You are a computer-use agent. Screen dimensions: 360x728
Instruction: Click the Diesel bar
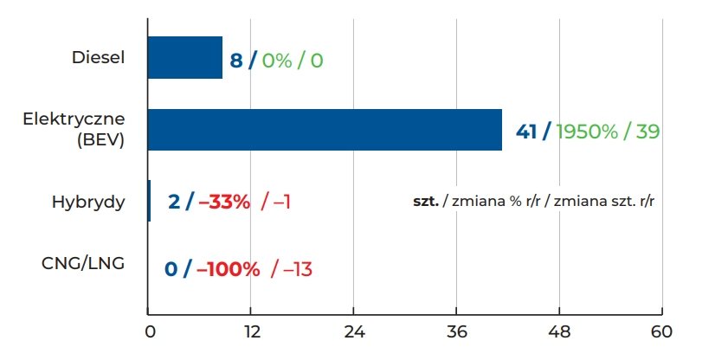click(184, 58)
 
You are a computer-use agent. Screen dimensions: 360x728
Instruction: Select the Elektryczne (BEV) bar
click(325, 130)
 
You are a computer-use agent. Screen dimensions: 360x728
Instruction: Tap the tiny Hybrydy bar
click(149, 201)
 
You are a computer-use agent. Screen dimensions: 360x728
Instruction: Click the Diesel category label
click(99, 58)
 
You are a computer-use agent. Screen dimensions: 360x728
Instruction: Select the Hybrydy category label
click(88, 202)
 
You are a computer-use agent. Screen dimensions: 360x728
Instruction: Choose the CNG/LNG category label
click(83, 263)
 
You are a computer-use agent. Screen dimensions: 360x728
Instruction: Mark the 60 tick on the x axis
click(662, 331)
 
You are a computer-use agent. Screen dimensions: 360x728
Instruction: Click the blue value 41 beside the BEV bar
click(526, 132)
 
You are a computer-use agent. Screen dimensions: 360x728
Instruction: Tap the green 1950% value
click(587, 132)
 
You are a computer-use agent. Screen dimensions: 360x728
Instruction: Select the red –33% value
click(224, 202)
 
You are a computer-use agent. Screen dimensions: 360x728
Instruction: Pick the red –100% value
click(229, 269)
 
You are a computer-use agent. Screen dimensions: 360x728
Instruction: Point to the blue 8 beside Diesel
click(235, 61)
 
